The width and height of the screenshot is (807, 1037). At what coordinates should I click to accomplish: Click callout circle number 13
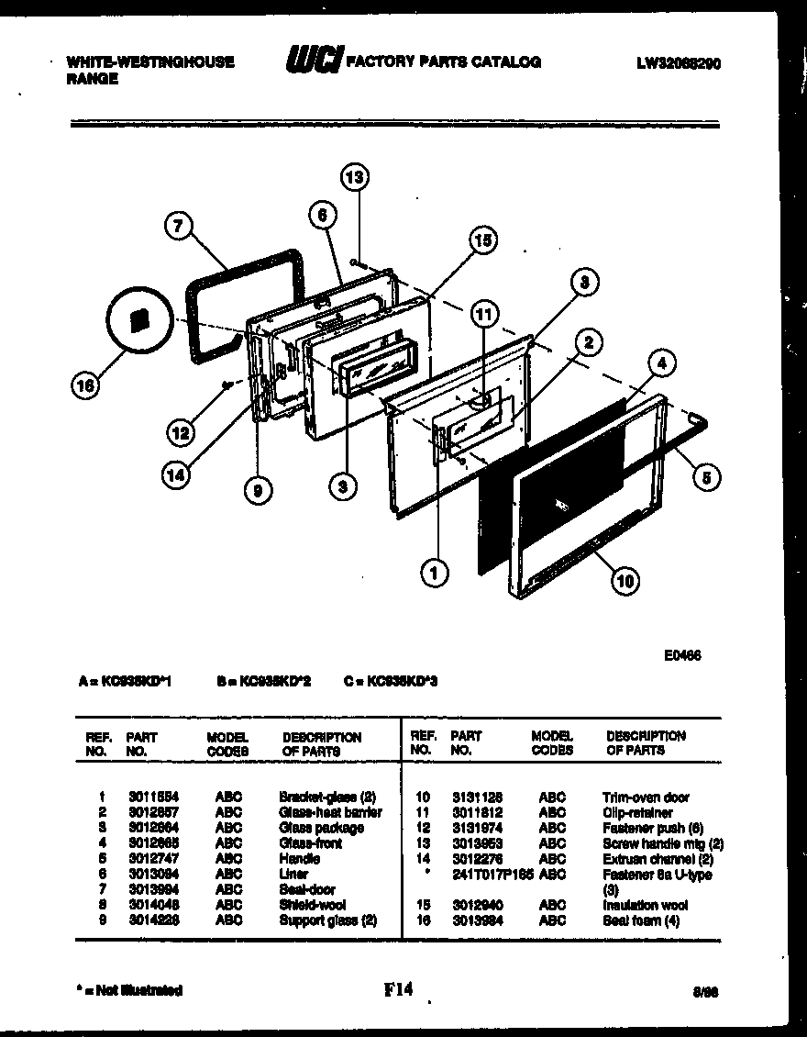354,177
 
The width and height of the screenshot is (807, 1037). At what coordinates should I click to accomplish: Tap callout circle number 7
179,226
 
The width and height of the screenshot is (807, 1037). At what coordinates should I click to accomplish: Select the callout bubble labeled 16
84,387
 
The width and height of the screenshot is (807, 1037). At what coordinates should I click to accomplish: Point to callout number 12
181,430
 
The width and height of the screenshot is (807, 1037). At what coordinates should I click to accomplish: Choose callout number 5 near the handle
707,475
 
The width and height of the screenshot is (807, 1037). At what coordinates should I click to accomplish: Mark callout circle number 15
482,240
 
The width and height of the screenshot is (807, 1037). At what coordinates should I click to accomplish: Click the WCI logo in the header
314,61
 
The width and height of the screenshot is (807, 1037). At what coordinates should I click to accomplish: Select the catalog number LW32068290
683,63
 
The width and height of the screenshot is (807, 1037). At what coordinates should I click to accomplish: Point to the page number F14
400,989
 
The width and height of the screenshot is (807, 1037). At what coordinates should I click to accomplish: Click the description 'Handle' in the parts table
299,859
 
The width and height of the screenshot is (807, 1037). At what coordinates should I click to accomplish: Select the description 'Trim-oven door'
646,797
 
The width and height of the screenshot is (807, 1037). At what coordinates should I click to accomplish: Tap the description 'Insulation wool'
645,905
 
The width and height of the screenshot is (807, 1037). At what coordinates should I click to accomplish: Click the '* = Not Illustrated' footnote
128,990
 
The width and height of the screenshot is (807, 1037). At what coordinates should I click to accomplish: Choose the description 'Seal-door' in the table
306,889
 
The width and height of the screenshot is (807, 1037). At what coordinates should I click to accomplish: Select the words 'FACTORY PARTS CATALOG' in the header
443,62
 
